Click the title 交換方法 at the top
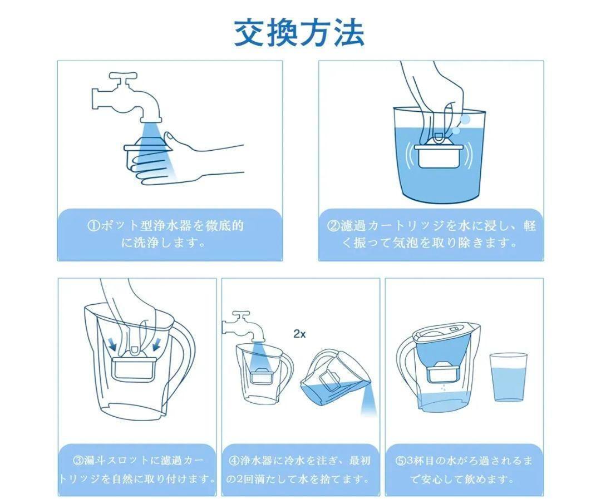[x=299, y=33]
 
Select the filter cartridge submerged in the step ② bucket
[x=439, y=154]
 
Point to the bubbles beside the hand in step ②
[x=461, y=125]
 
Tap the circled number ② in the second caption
[x=333, y=226]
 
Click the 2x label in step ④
[x=300, y=334]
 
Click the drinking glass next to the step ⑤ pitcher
[x=508, y=377]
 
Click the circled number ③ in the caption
[x=78, y=460]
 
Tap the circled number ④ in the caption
[x=234, y=460]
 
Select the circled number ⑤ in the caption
[x=401, y=460]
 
